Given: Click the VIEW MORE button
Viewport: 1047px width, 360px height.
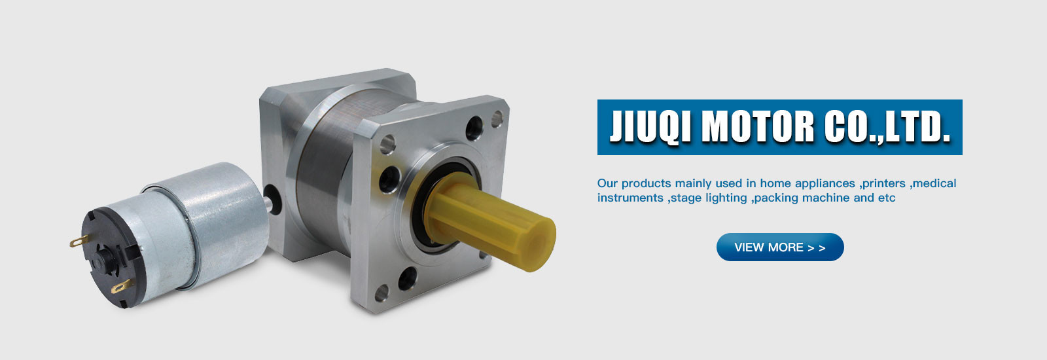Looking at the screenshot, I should coord(780,247).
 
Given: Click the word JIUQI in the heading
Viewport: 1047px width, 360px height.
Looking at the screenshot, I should coord(650,127).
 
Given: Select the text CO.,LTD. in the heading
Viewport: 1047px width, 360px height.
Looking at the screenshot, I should coord(887,127).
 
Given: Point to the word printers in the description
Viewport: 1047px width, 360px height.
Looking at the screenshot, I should coord(883,183).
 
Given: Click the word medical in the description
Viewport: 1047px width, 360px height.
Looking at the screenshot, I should coord(934,183).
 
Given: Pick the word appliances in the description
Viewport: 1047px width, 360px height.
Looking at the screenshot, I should coord(825,183).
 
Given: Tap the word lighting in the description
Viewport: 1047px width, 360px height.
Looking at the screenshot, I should coord(726,198).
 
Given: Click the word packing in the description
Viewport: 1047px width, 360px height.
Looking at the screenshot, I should coord(776,198).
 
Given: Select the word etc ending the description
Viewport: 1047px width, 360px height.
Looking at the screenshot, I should coord(887,198).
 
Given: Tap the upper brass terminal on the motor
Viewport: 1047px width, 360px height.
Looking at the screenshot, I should coord(77,242).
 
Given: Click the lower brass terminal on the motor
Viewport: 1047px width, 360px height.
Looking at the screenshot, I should coord(120,287).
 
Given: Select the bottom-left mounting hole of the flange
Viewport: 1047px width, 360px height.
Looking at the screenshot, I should coord(407,278).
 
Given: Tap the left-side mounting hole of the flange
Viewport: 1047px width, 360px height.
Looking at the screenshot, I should coord(389,178).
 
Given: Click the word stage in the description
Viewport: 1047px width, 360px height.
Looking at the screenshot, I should coord(686,198).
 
